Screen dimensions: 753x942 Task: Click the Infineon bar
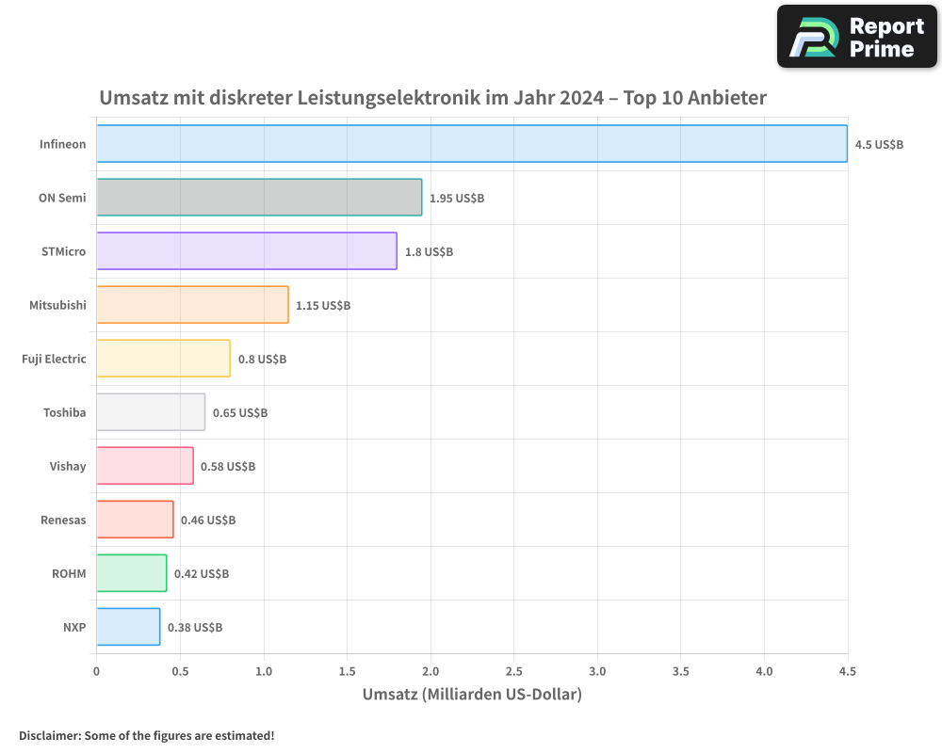471,144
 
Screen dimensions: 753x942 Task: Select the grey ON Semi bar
259,198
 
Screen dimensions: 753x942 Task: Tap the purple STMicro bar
247,251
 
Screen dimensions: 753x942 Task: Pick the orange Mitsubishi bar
192,305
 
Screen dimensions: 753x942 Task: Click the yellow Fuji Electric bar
163,359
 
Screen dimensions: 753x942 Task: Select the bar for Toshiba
151,412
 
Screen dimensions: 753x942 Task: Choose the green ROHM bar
131,573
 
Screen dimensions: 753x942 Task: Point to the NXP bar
128,627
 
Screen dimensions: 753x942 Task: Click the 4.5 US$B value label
879,145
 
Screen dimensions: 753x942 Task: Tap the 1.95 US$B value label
457,199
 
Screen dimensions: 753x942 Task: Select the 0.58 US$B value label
228,467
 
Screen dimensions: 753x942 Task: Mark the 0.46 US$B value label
208,521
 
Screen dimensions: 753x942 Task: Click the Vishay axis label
68,466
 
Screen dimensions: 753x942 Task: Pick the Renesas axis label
63,520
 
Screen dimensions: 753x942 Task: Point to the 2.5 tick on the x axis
513,671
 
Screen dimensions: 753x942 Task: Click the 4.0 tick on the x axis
764,671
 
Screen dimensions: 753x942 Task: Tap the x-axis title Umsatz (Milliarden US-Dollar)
472,695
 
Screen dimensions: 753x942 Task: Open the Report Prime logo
857,37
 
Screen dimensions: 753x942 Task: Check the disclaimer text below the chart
147,735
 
